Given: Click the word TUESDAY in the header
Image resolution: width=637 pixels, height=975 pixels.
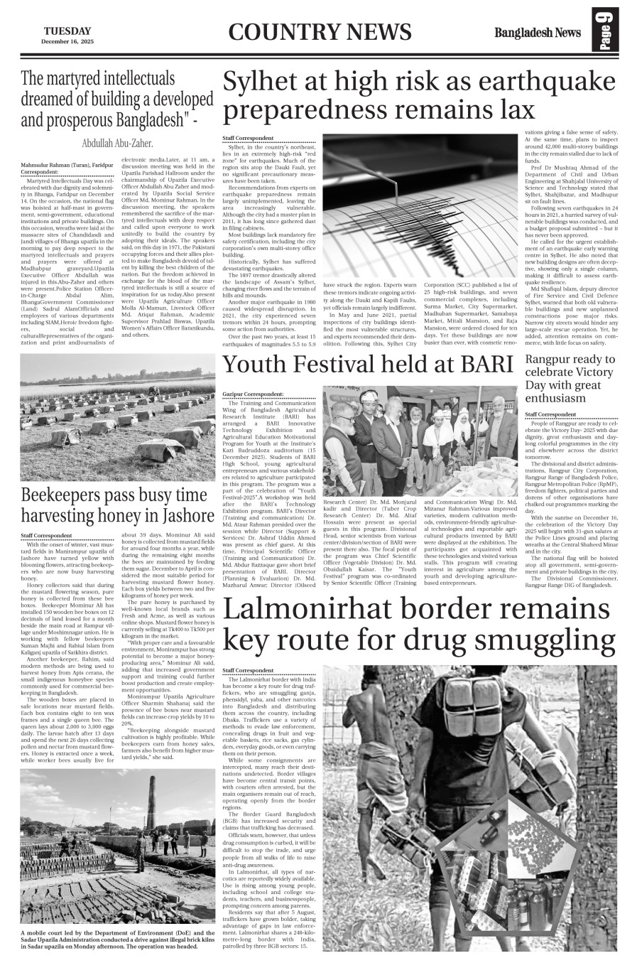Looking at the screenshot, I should coord(67,31).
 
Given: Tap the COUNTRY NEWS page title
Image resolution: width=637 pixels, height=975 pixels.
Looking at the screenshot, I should coord(320,32).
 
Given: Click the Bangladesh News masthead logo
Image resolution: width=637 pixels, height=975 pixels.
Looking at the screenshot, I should coord(538,33).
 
